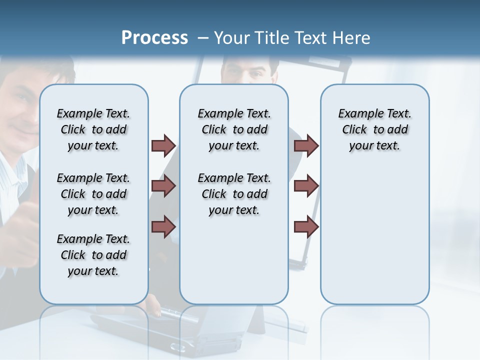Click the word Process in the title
(x=154, y=37)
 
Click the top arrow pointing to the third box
(x=306, y=145)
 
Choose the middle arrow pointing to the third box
(x=306, y=186)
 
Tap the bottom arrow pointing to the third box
(x=306, y=227)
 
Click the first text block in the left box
(x=93, y=129)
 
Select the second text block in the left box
(x=93, y=194)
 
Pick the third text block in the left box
(x=93, y=255)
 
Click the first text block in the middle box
(x=234, y=129)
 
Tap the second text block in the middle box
(x=234, y=194)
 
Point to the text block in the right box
(x=375, y=129)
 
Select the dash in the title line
(x=203, y=38)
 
